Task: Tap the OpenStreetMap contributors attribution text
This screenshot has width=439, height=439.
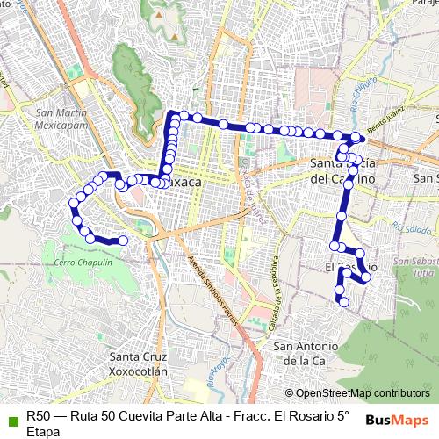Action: coord(362,393)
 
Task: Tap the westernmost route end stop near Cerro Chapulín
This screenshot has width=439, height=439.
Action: coord(123,240)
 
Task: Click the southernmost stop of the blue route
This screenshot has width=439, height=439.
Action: coord(345,302)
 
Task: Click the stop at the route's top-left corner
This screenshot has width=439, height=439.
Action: coord(172,114)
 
